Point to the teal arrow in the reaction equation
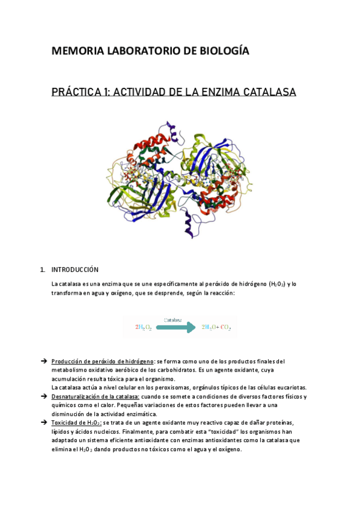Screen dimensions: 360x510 175,327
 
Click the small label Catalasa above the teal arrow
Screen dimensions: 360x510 172,320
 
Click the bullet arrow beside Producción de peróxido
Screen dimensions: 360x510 43,361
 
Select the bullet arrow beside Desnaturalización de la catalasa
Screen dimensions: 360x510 43,397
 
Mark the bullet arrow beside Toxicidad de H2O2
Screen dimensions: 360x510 43,423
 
